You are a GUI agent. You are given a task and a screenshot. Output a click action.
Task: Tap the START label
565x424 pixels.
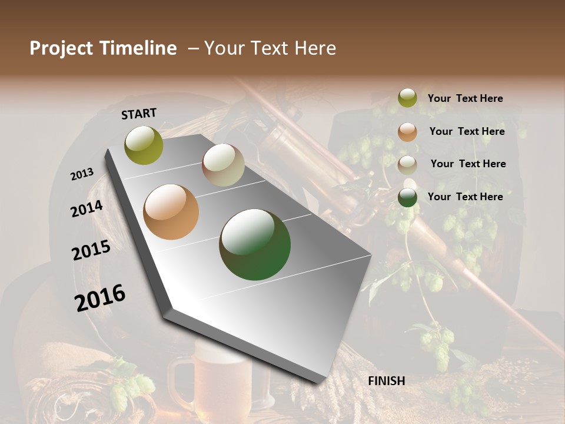(x=139, y=113)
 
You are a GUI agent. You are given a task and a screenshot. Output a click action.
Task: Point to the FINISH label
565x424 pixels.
(x=386, y=381)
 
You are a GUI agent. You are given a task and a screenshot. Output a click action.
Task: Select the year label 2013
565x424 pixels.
(x=82, y=174)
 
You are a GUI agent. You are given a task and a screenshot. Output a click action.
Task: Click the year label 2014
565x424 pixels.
(x=87, y=208)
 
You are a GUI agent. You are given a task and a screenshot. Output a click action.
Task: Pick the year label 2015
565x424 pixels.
(x=91, y=250)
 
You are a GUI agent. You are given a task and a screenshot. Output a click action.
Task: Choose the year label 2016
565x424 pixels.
(x=100, y=298)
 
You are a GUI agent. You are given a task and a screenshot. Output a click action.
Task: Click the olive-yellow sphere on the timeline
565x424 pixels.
(x=144, y=145)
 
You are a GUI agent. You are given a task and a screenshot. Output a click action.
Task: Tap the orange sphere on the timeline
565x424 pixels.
(x=171, y=212)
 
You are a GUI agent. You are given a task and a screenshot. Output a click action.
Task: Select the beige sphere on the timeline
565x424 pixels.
(x=223, y=165)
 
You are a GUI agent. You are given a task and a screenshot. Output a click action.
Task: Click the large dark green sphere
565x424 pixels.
(x=255, y=244)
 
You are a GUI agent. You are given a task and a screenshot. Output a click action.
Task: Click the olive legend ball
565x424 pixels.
(x=407, y=98)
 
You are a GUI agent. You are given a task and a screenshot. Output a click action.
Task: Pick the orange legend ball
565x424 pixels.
(x=407, y=131)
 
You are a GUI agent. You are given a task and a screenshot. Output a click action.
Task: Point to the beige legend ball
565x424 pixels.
(x=407, y=164)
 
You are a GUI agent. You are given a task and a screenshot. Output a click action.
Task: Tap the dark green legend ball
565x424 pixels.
(x=407, y=197)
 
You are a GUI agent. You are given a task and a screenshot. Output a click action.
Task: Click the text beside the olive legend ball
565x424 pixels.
(x=465, y=98)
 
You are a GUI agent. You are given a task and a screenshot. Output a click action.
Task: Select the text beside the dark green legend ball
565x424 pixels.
(x=465, y=197)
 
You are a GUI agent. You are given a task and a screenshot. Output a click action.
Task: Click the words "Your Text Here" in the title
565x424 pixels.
(x=270, y=48)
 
